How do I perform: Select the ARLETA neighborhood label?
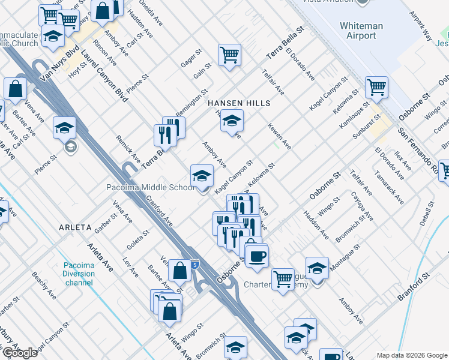point(75,228)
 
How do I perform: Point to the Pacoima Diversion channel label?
point(80,274)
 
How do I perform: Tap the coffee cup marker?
point(258,257)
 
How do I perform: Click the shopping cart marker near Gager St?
point(229,55)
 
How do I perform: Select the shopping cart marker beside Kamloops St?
point(376,88)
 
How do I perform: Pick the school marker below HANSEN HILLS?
point(232,121)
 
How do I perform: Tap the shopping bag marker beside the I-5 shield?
point(179,271)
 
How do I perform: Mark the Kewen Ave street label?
point(279,138)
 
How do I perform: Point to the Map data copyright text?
point(411,355)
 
